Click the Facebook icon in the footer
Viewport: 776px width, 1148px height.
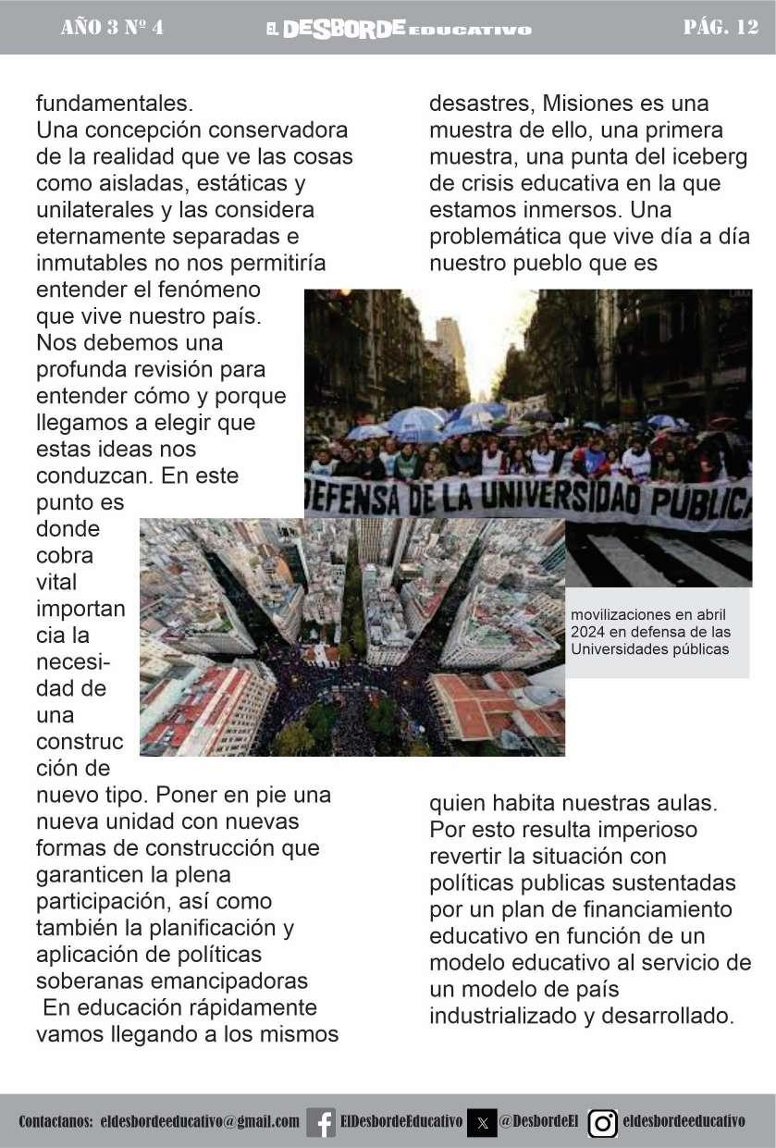click(x=321, y=1122)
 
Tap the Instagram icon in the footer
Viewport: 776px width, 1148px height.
click(x=603, y=1122)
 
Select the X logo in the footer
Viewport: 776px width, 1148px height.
click(x=482, y=1122)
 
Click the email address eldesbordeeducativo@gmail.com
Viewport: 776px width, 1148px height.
click(x=200, y=1122)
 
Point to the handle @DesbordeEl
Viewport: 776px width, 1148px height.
click(x=538, y=1122)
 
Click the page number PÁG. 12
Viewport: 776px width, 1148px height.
click(x=721, y=28)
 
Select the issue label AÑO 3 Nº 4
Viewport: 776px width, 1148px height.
click(x=112, y=28)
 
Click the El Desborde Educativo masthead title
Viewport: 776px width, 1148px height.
click(x=399, y=29)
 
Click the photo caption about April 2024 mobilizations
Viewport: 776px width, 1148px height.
click(x=651, y=632)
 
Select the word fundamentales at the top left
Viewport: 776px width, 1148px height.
click(x=115, y=104)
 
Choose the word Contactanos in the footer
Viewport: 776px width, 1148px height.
click(x=55, y=1122)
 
